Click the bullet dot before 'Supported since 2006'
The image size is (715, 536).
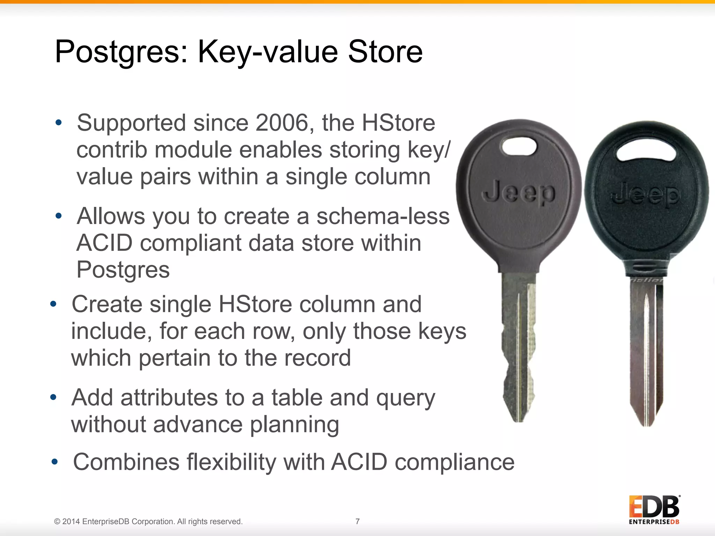pyautogui.click(x=58, y=122)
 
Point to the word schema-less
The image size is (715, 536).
pyautogui.click(x=383, y=216)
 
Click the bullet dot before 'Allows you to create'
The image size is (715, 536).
pyautogui.click(x=58, y=216)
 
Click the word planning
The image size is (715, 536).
pyautogui.click(x=294, y=425)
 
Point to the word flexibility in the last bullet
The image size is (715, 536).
pyautogui.click(x=231, y=462)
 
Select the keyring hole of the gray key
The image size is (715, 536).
pyautogui.click(x=519, y=146)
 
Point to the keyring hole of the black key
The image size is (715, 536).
pyautogui.click(x=646, y=151)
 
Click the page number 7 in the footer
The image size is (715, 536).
pyautogui.click(x=357, y=521)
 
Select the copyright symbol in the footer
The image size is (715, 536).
pyautogui.click(x=57, y=522)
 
